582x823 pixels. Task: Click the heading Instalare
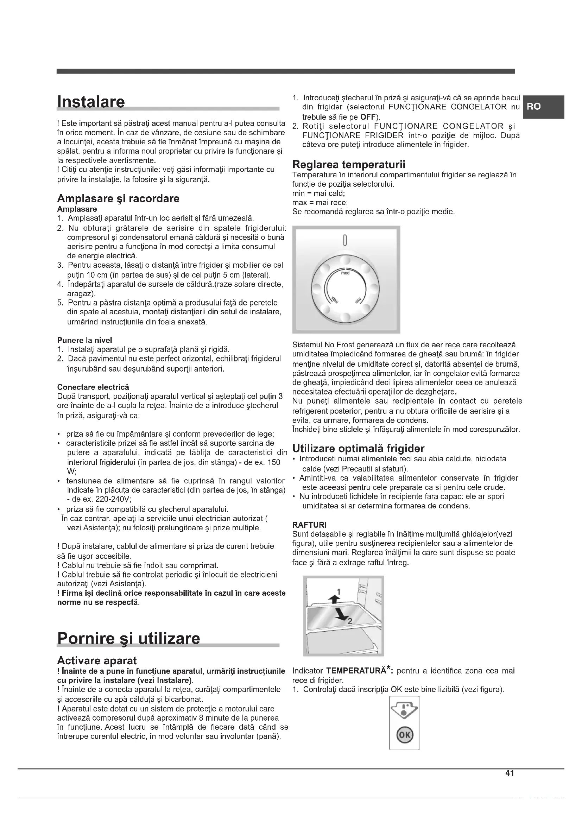click(x=91, y=102)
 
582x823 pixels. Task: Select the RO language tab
click(x=534, y=107)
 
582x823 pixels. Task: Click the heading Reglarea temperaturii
click(x=349, y=165)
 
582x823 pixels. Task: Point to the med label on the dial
click(x=345, y=273)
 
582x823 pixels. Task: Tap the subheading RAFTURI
click(x=309, y=525)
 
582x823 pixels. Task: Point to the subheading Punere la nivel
click(x=84, y=340)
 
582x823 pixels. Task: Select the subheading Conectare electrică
click(x=93, y=387)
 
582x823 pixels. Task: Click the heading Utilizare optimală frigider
click(x=358, y=448)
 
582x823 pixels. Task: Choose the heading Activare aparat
click(x=97, y=661)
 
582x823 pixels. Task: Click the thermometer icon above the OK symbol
click(x=404, y=710)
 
